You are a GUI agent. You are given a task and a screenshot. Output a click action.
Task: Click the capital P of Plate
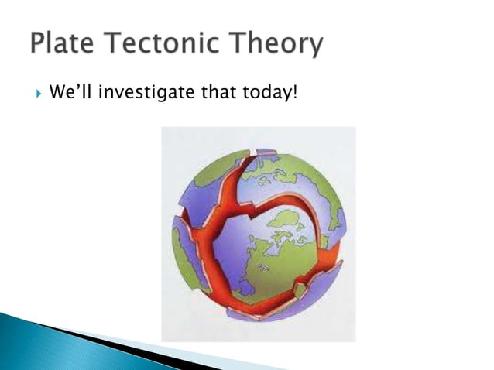[x=39, y=44]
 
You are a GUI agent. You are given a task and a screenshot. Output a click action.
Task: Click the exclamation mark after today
[x=295, y=94]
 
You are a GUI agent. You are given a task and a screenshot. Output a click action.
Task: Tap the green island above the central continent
[x=288, y=220]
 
